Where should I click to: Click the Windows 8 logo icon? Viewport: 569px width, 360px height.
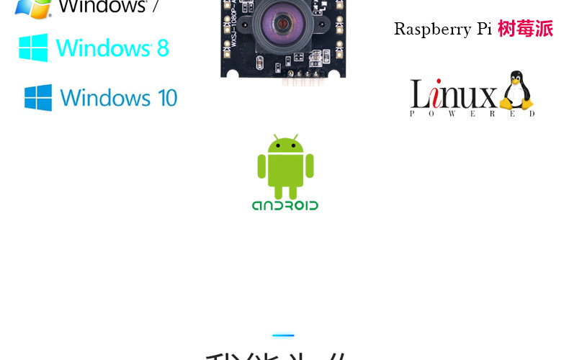(x=33, y=48)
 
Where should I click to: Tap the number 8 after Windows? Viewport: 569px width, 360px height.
(x=163, y=48)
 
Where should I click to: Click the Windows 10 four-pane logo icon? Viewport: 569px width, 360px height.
(x=38, y=97)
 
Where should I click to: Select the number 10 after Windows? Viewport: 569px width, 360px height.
(x=166, y=97)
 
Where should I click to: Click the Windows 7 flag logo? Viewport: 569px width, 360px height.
(x=33, y=7)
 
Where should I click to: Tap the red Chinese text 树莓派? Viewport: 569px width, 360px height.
(x=525, y=29)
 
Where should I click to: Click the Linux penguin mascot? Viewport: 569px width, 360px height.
(x=516, y=92)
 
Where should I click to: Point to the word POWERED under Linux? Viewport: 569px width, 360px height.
(x=472, y=113)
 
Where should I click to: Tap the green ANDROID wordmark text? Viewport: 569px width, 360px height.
(x=285, y=205)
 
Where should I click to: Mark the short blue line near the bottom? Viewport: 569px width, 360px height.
(x=283, y=335)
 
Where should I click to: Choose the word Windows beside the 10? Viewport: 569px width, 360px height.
(x=106, y=97)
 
